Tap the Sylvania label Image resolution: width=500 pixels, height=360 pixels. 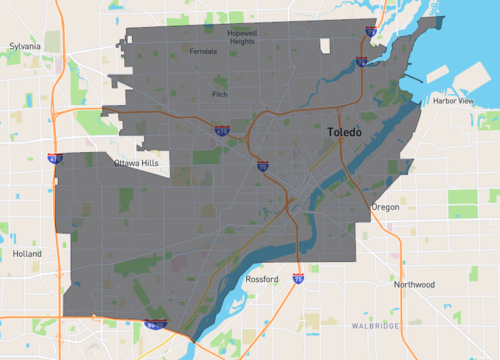[x=24, y=46]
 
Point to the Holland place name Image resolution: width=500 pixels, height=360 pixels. [x=28, y=254]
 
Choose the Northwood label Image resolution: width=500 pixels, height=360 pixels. [x=414, y=285]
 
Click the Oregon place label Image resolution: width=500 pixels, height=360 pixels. [x=385, y=207]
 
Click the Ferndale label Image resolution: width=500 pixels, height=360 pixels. [x=202, y=51]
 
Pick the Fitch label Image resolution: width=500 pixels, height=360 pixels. [x=220, y=94]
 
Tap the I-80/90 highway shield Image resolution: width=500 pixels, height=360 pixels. [x=153, y=323]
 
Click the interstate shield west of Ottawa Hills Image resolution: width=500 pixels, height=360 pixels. [x=57, y=158]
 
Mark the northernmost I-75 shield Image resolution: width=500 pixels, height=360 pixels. [x=371, y=32]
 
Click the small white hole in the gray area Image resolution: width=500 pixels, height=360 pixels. [x=326, y=45]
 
